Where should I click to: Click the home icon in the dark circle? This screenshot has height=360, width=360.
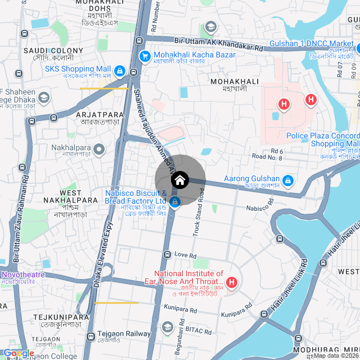180,181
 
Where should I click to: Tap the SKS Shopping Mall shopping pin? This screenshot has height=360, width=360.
119,71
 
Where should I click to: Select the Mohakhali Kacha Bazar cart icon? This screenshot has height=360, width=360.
145,55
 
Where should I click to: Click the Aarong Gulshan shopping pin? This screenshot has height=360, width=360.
288,180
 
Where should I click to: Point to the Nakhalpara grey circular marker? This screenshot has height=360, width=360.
99,149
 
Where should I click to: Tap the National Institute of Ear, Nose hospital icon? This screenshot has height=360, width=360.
231,281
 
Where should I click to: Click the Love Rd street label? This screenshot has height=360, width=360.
185,255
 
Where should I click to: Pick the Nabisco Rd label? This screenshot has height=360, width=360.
258,208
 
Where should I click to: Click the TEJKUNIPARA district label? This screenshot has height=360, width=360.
61,317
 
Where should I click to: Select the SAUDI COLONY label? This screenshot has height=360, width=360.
53,51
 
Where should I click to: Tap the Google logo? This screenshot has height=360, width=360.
19,353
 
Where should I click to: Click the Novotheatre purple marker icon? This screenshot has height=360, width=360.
1,274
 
